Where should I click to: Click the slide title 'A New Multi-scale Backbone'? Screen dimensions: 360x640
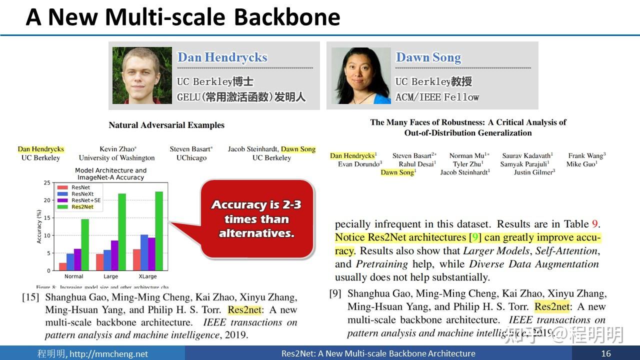pyautogui.click(x=183, y=17)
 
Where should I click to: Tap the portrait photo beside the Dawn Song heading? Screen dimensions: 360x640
pyautogui.click(x=360, y=75)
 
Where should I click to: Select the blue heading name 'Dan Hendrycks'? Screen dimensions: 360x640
pyautogui.click(x=222, y=57)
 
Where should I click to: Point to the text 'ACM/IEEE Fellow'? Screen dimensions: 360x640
pyautogui.click(x=437, y=97)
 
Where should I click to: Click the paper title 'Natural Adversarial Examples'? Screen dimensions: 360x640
pyautogui.click(x=166, y=125)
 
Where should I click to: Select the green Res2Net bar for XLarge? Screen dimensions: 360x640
pyautogui.click(x=159, y=231)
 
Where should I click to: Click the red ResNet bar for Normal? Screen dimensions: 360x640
pyautogui.click(x=62, y=266)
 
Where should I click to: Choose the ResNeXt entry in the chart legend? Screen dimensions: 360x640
pyautogui.click(x=82, y=193)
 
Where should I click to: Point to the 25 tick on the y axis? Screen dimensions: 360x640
pyautogui.click(x=47, y=183)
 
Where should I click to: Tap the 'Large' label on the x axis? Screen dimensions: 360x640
pyautogui.click(x=110, y=276)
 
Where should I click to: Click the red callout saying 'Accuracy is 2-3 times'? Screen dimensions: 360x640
pyautogui.click(x=256, y=219)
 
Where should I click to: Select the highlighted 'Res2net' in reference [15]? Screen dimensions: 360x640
pyautogui.click(x=244, y=310)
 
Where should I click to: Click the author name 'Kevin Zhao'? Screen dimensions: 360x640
pyautogui.click(x=117, y=149)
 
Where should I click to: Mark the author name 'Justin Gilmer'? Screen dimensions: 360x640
pyautogui.click(x=534, y=172)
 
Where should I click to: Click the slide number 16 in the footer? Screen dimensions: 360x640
pyautogui.click(x=606, y=353)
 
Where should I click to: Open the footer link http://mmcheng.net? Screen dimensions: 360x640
pyautogui.click(x=108, y=354)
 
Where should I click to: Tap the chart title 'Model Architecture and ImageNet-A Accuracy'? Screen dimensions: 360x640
pyautogui.click(x=110, y=174)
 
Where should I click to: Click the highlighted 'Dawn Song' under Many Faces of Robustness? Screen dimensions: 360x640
pyautogui.click(x=398, y=172)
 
